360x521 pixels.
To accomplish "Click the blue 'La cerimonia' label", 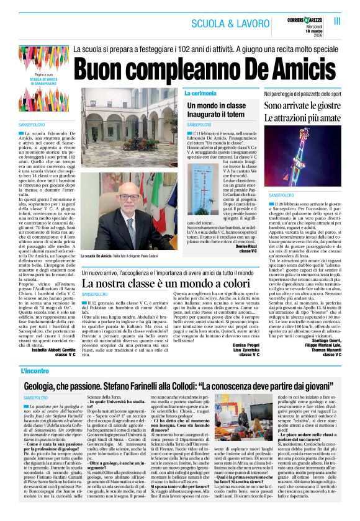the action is [200, 93].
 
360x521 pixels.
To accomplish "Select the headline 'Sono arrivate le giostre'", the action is [303, 106].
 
